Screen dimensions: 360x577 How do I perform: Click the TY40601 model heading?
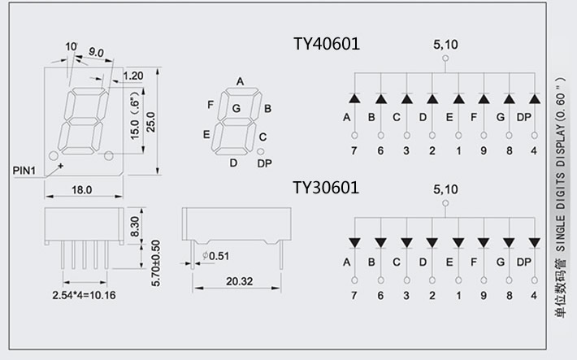pyautogui.click(x=326, y=44)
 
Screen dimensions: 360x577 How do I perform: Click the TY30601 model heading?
pyautogui.click(x=326, y=189)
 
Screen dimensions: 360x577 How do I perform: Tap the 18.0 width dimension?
pyautogui.click(x=82, y=190)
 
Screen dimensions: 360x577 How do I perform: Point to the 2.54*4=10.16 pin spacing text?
pyautogui.click(x=83, y=295)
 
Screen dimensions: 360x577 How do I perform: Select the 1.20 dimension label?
pyautogui.click(x=132, y=76)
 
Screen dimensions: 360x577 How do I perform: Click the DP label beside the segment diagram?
pyautogui.click(x=264, y=163)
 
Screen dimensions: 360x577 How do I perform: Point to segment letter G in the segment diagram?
pyautogui.click(x=236, y=108)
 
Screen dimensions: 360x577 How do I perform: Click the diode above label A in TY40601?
pyautogui.click(x=354, y=99)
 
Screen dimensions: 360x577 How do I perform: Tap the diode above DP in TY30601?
pyautogui.click(x=534, y=242)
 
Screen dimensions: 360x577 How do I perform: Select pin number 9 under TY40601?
pyautogui.click(x=484, y=150)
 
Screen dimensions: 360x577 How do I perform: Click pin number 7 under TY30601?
pyautogui.click(x=354, y=296)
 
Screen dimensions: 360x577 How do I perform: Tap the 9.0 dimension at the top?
pyautogui.click(x=96, y=53)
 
